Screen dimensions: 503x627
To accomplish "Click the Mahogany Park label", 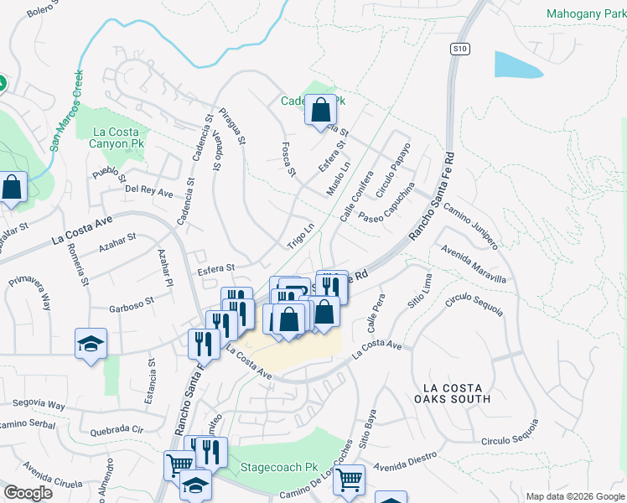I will (x=585, y=13).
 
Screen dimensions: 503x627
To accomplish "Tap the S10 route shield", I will (x=459, y=49).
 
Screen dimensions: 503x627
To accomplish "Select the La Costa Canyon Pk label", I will (x=120, y=137).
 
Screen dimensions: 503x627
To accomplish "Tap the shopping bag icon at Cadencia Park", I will (x=320, y=111).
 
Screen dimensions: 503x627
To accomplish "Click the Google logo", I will (x=28, y=492).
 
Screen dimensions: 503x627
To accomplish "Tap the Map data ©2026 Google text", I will (x=574, y=496).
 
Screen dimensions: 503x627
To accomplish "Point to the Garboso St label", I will (x=132, y=301).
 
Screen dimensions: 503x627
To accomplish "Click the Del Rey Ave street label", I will (x=148, y=191).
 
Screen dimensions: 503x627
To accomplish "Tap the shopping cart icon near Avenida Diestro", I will (x=349, y=480).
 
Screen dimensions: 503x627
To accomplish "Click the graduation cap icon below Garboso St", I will (x=91, y=344).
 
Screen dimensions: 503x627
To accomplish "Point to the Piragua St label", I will (x=231, y=126).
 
